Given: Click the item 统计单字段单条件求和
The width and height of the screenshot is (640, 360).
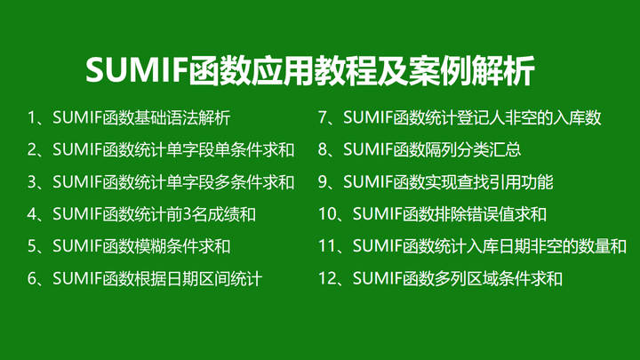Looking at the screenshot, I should coord(173,149).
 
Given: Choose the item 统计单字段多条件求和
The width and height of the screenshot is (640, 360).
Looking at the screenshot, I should coord(173,182).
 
